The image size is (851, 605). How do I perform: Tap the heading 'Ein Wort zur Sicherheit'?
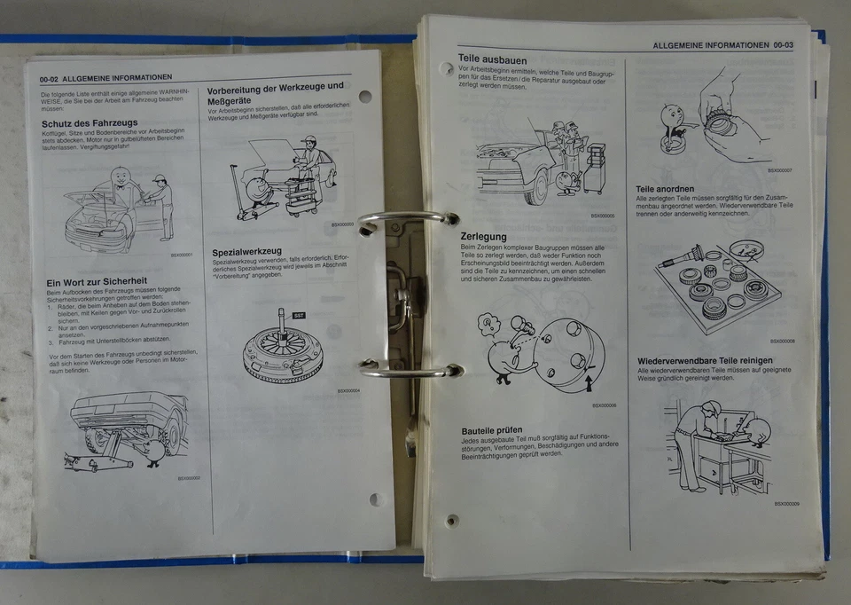(97, 282)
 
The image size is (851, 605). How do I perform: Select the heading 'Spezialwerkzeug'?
(247, 251)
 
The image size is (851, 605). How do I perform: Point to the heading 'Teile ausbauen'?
(492, 59)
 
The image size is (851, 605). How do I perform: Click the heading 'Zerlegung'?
(483, 237)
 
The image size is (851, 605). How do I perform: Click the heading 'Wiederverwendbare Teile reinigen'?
(705, 360)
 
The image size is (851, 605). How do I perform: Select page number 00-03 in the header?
(784, 44)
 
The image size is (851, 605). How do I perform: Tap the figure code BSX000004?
(348, 390)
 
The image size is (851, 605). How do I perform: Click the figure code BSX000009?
(786, 504)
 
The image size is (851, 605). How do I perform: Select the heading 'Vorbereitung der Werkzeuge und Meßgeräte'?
(275, 93)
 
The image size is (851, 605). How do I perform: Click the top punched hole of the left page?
(365, 97)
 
